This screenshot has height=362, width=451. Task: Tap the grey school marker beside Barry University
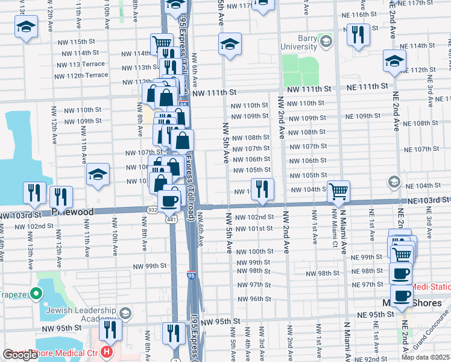[x=326, y=41]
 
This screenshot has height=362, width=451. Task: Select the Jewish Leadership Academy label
[x=79, y=313]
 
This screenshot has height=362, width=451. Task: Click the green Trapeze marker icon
[x=36, y=294]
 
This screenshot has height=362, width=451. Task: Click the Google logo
[x=20, y=355]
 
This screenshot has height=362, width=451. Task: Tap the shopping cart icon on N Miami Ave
[x=338, y=191]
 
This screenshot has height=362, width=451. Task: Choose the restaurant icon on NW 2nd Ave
[x=262, y=188]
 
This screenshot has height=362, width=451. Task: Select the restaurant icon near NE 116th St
[x=358, y=34]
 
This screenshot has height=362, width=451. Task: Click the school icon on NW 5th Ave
[x=229, y=43]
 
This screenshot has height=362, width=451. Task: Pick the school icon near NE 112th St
[x=394, y=60]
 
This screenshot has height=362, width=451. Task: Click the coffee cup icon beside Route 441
[x=169, y=201]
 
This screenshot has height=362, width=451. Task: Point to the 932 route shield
[x=152, y=209]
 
